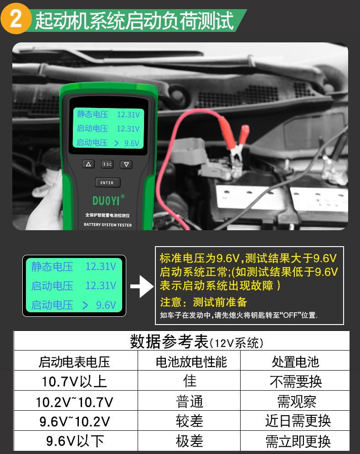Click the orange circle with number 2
pos(16,19)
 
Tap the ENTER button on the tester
pos(108,183)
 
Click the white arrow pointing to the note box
pos(142,286)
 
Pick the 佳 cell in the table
pos(190,381)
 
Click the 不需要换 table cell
pos(296,382)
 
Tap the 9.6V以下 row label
pos(75,441)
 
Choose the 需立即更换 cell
pos(298,441)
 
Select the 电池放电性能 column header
pos(191,362)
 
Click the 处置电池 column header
pos(295,362)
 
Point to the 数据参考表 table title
pos(169,342)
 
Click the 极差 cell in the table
pos(190,441)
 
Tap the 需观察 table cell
pos(297,401)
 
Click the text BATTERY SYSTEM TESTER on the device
pos(108,225)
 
